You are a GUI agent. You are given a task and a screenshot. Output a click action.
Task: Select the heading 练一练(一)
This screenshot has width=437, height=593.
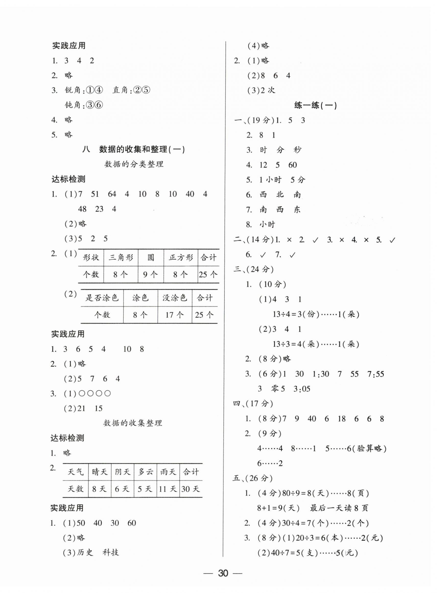coord(315,106)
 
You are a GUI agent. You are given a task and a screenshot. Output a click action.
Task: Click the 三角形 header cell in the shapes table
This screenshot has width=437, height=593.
coord(121,258)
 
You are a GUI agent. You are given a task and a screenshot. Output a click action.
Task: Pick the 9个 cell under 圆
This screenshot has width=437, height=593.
coord(150,274)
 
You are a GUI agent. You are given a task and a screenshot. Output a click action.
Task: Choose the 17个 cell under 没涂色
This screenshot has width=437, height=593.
coord(175,315)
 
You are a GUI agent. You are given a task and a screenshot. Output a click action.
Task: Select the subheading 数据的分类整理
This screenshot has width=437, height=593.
coord(134,164)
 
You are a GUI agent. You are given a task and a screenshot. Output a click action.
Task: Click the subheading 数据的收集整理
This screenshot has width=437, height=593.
coord(133,423)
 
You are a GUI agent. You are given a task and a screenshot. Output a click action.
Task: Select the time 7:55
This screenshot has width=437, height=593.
coord(375,374)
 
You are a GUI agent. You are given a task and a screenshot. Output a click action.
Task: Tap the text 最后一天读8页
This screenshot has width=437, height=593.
coord(339,508)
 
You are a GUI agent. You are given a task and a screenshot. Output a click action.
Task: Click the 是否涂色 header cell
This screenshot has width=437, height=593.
coord(102,298)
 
